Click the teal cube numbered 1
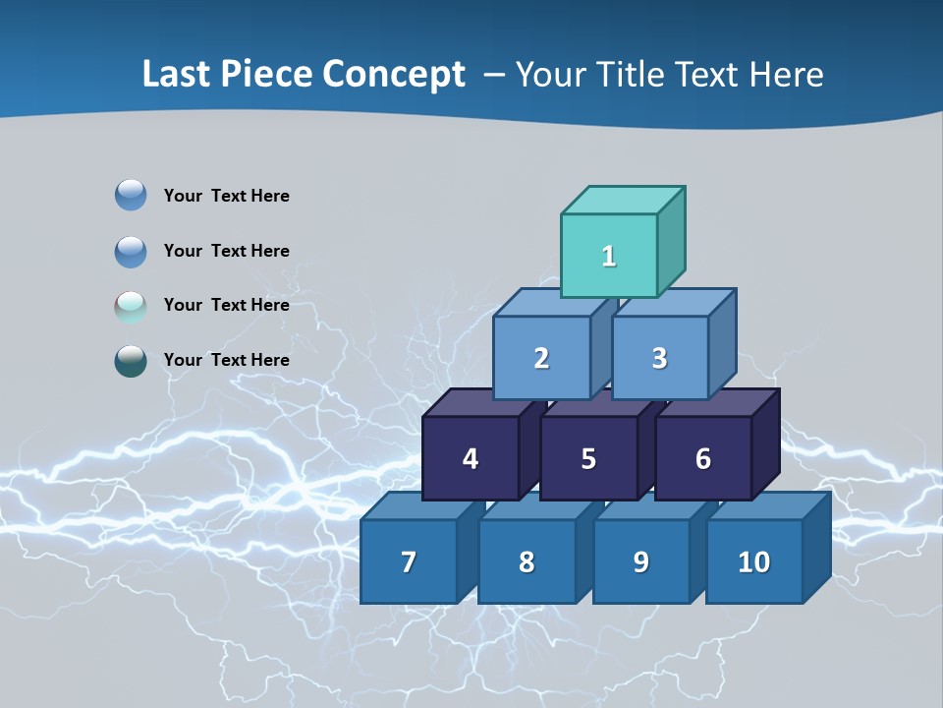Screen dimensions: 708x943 [x=609, y=256]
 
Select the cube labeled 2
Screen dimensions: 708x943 [x=541, y=358]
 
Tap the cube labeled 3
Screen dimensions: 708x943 [x=659, y=358]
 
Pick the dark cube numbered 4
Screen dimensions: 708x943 [x=471, y=458]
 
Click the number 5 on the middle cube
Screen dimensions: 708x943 [x=588, y=459]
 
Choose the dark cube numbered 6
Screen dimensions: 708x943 [x=703, y=458]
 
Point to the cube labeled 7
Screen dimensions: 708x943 [x=409, y=561]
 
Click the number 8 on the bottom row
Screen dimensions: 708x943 [x=527, y=562]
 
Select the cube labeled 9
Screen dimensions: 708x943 [x=640, y=561]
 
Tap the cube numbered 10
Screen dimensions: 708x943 [x=753, y=561]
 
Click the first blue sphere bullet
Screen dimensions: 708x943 [x=131, y=196]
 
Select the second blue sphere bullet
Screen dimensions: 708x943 [x=131, y=251]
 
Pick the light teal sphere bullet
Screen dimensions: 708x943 [x=131, y=306]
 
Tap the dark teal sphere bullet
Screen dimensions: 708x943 [x=131, y=361]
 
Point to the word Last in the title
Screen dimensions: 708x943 [x=177, y=75]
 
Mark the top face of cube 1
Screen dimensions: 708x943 [x=623, y=201]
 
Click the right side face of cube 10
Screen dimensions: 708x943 [x=817, y=546]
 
